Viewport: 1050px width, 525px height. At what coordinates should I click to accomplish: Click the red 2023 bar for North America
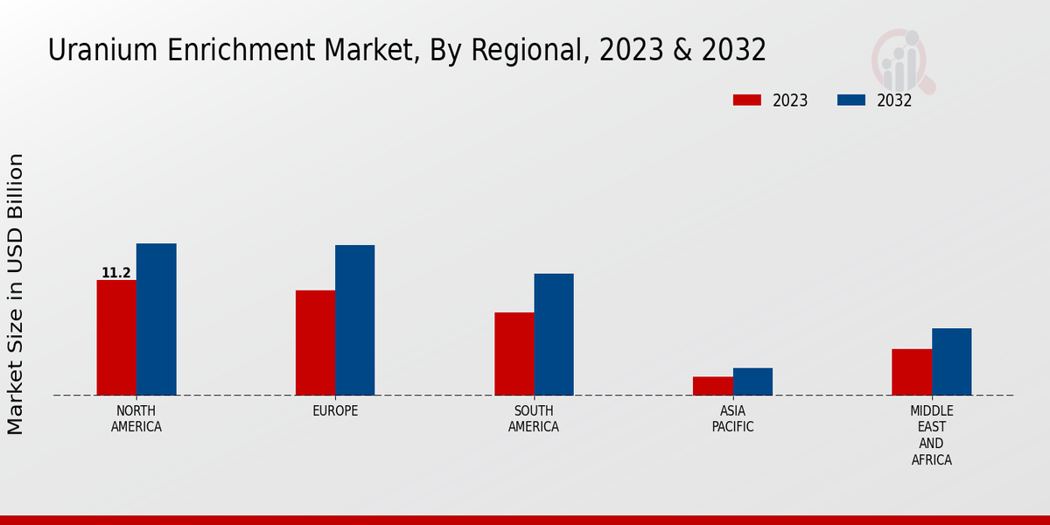[116, 338]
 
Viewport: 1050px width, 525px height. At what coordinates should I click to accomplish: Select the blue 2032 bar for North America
[156, 319]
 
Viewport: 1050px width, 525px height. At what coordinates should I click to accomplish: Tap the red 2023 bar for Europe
[315, 343]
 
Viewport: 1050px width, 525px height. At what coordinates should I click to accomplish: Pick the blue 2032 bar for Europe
[354, 320]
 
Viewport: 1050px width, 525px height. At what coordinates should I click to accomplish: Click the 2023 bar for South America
[514, 353]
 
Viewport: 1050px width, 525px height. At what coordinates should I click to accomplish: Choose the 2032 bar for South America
[554, 334]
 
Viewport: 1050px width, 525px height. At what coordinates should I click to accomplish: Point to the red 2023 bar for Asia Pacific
[712, 386]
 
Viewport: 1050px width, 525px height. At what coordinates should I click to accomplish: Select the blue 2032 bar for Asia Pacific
[752, 381]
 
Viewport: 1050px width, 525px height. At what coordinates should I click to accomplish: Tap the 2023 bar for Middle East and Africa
[912, 372]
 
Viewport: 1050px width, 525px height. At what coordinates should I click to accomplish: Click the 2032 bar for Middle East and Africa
[951, 361]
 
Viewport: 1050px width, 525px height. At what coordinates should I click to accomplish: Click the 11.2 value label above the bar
[116, 273]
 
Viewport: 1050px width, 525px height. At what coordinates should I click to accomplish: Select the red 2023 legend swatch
[746, 100]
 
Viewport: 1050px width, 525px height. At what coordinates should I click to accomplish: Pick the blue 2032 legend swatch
[850, 100]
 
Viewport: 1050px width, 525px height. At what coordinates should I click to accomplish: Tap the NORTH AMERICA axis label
[136, 419]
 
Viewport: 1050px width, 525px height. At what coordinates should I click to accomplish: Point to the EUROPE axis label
[335, 411]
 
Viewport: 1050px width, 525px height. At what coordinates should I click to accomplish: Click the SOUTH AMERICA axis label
[534, 419]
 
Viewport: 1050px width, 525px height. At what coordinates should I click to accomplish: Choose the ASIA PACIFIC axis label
[732, 419]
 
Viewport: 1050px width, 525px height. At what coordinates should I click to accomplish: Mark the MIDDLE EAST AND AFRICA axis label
[931, 436]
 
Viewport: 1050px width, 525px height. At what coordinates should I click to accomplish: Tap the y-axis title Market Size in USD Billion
[16, 294]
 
